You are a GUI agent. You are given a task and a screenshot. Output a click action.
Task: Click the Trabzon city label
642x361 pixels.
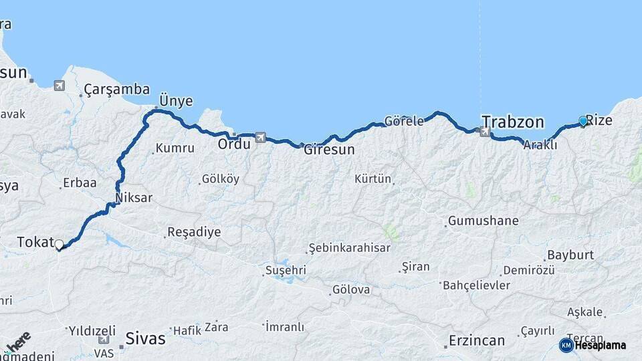point(513,122)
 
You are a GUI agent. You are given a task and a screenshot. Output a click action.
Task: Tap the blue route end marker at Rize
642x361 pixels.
point(583,121)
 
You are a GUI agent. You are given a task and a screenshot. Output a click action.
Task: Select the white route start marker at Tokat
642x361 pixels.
point(59,245)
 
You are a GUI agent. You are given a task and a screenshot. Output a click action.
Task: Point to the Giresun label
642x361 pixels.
point(329,150)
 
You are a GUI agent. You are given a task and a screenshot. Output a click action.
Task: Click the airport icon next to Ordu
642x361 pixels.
point(260,138)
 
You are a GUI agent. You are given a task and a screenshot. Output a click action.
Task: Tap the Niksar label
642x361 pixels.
point(134,198)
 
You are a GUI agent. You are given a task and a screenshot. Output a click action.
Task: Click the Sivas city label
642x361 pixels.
point(145,338)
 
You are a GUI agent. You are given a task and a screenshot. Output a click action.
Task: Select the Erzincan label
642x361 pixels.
point(477,341)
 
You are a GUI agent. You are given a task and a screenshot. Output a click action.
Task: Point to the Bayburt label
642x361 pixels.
point(570,255)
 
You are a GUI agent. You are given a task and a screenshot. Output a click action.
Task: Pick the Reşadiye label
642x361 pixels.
point(194,232)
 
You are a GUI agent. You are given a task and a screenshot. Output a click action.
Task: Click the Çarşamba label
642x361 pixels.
point(117,89)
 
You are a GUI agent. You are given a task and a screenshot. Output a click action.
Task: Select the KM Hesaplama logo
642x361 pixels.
point(593,345)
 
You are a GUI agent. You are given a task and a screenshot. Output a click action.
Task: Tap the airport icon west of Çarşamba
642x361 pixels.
point(60,86)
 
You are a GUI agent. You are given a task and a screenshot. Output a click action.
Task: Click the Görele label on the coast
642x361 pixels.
point(404,122)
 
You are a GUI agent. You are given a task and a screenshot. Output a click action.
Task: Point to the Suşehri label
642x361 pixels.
point(286,270)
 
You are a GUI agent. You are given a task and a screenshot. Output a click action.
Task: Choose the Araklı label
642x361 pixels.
point(540,145)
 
